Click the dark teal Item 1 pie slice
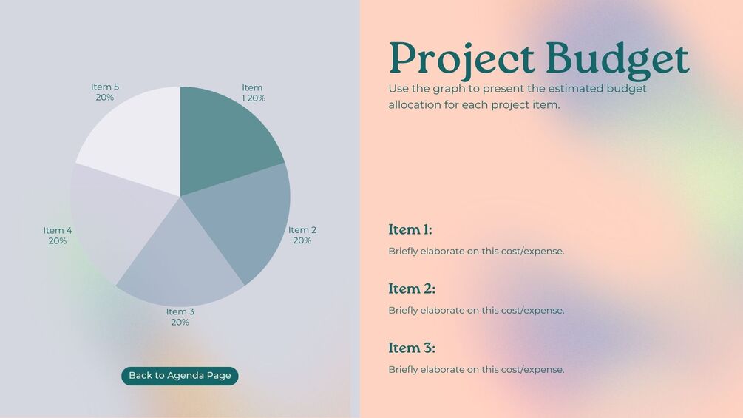(223, 138)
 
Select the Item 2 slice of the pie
(246, 218)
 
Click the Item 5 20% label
(105, 92)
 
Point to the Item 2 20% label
(302, 235)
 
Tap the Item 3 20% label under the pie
(180, 317)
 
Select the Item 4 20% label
(58, 235)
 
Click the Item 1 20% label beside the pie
(253, 93)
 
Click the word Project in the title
(461, 60)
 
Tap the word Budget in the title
(617, 60)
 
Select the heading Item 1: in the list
(410, 229)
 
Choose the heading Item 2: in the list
(412, 289)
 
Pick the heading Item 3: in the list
(412, 348)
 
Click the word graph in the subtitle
(449, 89)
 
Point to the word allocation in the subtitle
(415, 105)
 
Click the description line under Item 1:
(476, 252)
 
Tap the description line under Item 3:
(476, 370)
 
